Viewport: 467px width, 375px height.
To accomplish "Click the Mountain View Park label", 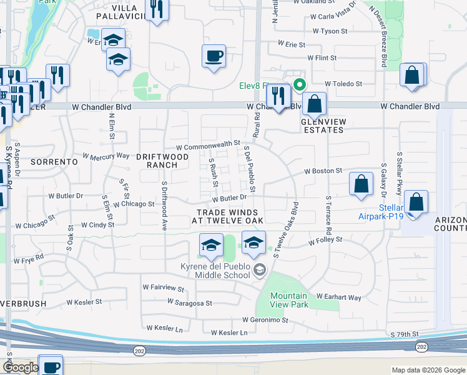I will click(289, 300).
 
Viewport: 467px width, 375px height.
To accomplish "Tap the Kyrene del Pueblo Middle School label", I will click(216, 271).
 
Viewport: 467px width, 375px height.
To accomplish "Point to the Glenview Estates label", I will click(322, 126).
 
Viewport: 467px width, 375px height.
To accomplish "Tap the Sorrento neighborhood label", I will click(57, 161).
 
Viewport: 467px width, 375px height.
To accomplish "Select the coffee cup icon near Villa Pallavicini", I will click(214, 57).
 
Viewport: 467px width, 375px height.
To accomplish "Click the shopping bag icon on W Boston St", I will click(361, 184).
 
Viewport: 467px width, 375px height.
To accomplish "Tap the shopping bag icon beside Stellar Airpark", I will click(416, 202).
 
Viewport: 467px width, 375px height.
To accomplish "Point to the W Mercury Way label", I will click(106, 156).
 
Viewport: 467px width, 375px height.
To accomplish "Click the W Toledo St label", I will click(343, 83).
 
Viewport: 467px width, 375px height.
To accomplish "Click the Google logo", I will click(20, 367).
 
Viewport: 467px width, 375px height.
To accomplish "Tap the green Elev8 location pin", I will click(300, 85).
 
